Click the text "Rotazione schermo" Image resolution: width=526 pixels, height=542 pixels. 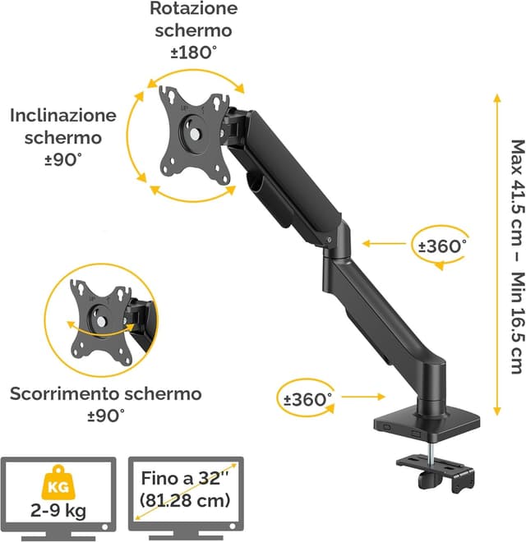coord(193,20)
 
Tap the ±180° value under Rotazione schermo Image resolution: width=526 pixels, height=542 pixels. coord(193,52)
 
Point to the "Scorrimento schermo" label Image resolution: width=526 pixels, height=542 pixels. coord(105,393)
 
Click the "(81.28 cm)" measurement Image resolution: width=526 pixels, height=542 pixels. coord(185,500)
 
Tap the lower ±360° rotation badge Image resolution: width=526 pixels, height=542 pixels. coord(306,399)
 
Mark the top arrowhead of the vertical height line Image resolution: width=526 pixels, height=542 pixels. coord(496,98)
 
